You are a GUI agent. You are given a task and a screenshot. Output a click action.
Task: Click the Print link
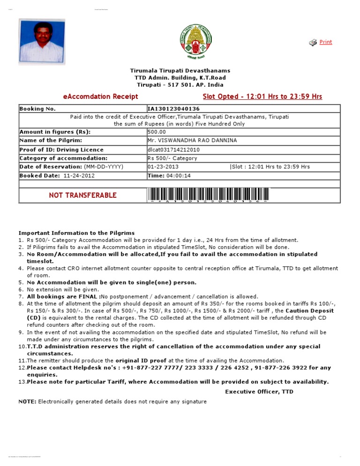pyautogui.click(x=325, y=42)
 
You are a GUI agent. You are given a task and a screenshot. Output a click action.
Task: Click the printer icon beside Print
pyautogui.click(x=313, y=43)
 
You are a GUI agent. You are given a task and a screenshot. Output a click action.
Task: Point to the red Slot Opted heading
pyautogui.click(x=262, y=97)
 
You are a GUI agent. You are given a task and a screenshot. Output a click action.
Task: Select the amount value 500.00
pyautogui.click(x=157, y=132)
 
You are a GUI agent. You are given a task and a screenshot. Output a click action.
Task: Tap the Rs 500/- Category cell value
pyautogui.click(x=172, y=158)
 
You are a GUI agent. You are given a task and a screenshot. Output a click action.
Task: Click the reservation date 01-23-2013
pyautogui.click(x=163, y=167)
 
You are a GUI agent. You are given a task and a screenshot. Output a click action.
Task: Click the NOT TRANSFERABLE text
pyautogui.click(x=82, y=195)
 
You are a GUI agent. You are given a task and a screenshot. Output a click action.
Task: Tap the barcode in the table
pyautogui.click(x=209, y=195)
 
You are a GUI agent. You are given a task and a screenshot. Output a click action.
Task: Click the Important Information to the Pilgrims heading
pyautogui.click(x=76, y=233)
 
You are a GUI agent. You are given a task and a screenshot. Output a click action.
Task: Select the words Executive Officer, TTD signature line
pyautogui.click(x=259, y=391)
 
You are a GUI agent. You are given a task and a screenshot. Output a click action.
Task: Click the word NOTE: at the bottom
pyautogui.click(x=27, y=402)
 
